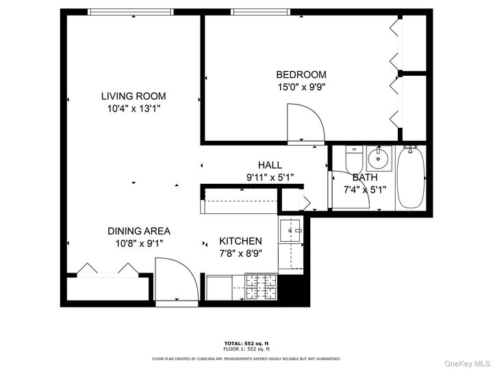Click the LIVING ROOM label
tap(134, 96)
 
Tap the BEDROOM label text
tap(301, 74)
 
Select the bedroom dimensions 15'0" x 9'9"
tap(301, 87)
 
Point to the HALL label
tap(270, 165)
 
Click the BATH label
tap(364, 177)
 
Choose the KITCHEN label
tap(240, 241)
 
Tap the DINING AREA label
tap(138, 231)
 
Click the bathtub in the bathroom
tap(411, 178)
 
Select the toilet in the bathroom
tap(354, 161)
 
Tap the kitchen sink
tap(291, 231)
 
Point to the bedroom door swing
tap(303, 124)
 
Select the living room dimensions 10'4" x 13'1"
tap(134, 108)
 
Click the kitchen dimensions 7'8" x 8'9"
tap(240, 253)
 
